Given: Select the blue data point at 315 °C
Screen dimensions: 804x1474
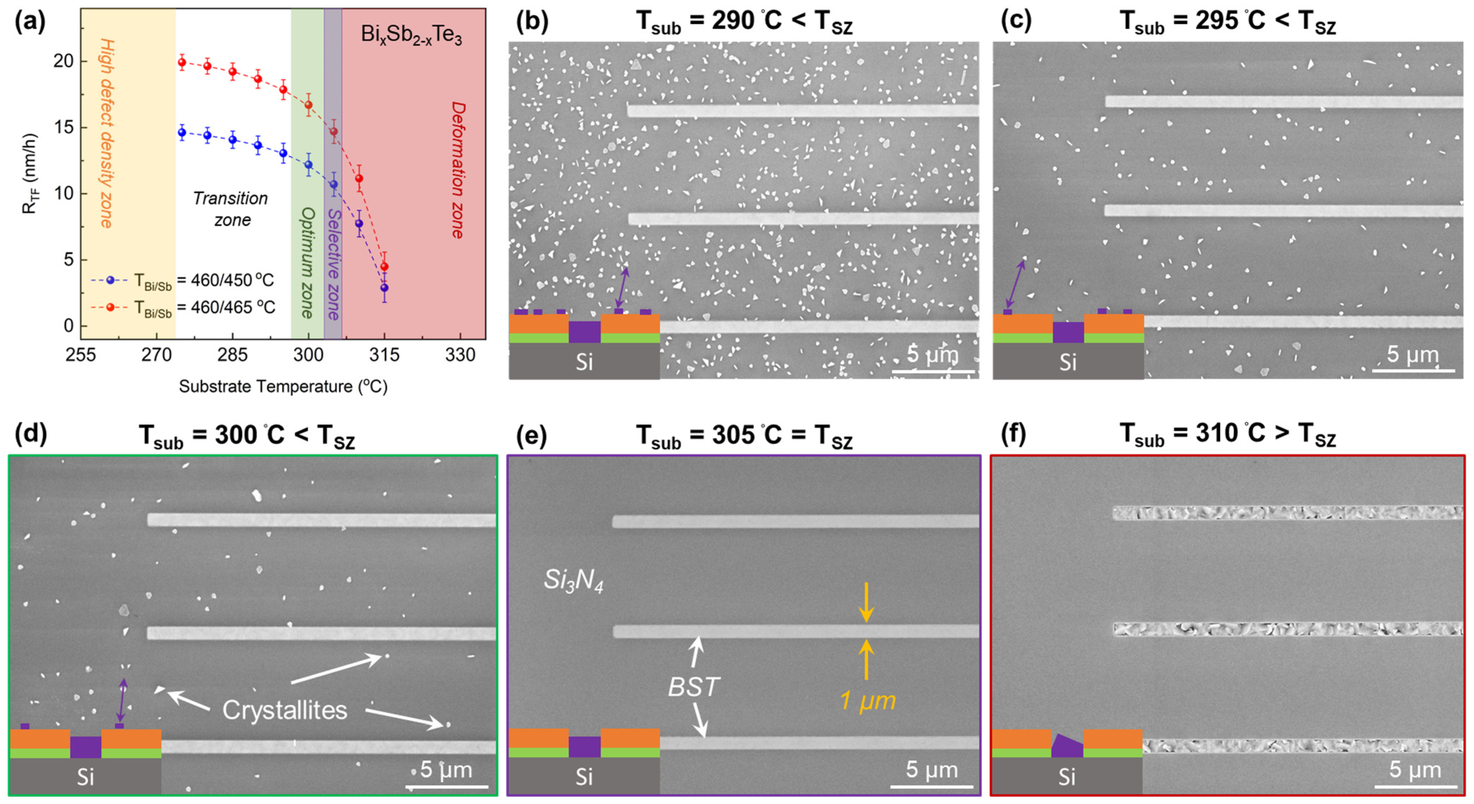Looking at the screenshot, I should (384, 288).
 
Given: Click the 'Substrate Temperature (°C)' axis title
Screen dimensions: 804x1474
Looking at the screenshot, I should (283, 386).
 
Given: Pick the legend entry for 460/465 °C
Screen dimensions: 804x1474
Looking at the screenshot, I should (183, 308).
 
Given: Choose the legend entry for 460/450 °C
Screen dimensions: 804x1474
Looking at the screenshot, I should (183, 280).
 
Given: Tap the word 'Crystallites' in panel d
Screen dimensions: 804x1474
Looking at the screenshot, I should (285, 711).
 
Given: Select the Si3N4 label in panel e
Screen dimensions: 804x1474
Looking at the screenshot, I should (573, 581).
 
